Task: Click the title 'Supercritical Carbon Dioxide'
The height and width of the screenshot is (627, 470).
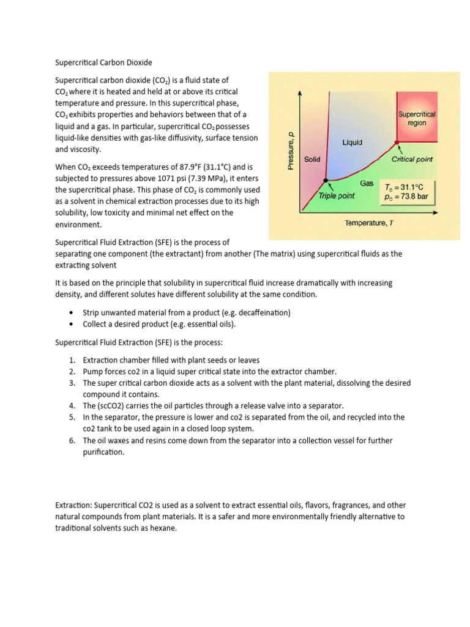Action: (103, 62)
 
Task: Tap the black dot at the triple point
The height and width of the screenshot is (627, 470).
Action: (326, 180)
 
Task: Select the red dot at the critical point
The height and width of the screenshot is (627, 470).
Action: (397, 141)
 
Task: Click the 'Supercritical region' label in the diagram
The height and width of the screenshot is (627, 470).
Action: (417, 118)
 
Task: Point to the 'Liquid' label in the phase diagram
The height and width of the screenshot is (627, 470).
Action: (352, 142)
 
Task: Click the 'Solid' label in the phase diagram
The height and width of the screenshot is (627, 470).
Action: (312, 159)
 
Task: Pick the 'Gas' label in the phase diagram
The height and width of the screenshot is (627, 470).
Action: (366, 183)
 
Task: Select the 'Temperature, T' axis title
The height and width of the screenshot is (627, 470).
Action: (369, 223)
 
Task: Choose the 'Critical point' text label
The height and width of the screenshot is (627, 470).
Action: (412, 159)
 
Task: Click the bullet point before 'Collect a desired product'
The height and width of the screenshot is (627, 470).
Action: (73, 324)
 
